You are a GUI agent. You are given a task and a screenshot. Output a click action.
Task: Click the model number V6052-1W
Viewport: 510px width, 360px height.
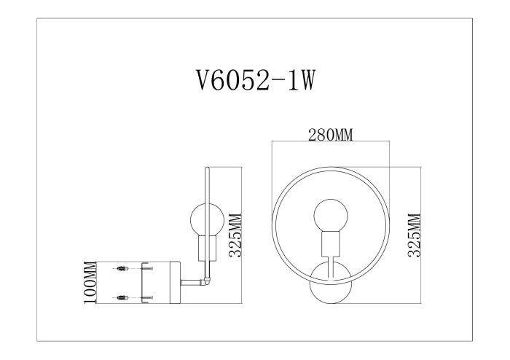(x=254, y=80)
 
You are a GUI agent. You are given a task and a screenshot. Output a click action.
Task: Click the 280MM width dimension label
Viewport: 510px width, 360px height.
(x=329, y=136)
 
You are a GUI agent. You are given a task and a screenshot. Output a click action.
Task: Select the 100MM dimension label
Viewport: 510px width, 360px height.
(x=91, y=282)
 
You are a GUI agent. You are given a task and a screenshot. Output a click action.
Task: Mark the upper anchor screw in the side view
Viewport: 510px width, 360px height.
(x=123, y=270)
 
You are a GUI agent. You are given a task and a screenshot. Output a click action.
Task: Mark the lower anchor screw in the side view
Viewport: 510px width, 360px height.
(x=123, y=297)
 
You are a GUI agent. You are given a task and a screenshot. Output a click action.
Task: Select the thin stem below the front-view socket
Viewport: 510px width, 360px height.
(x=330, y=266)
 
